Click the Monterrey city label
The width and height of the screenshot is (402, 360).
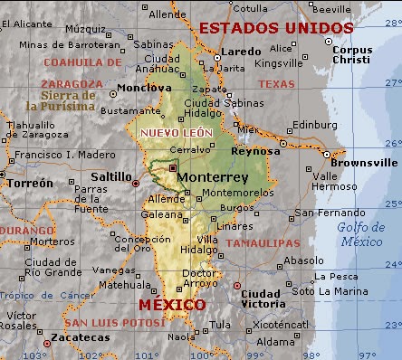(x=213, y=178)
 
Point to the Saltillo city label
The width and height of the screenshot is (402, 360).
(x=110, y=176)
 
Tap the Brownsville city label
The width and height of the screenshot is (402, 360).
(x=363, y=162)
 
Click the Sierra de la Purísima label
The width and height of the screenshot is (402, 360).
(x=68, y=100)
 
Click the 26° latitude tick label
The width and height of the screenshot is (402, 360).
(x=391, y=142)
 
